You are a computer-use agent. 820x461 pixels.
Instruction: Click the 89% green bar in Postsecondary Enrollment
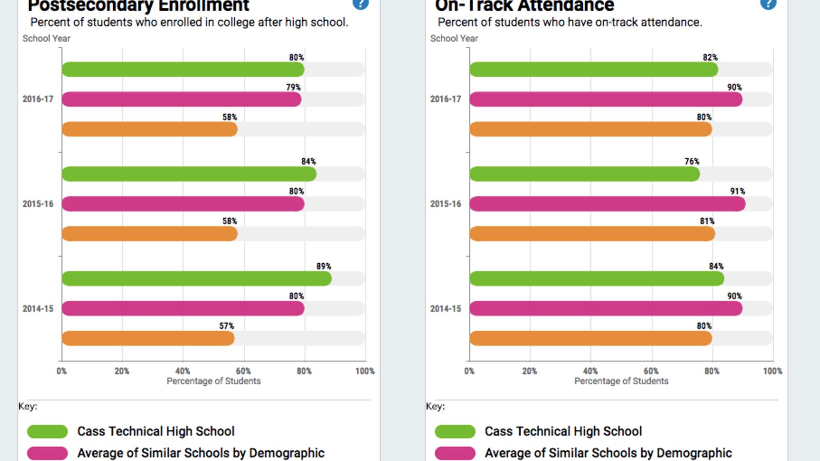(x=197, y=279)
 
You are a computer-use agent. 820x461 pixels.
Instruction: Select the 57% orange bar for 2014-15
(x=148, y=339)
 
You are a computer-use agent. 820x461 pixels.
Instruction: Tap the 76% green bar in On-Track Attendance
(x=584, y=174)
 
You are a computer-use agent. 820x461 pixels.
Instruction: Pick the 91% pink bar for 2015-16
(x=607, y=204)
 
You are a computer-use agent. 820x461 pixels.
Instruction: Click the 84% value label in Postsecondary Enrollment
(x=308, y=161)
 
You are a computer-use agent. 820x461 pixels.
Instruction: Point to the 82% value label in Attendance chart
(x=710, y=57)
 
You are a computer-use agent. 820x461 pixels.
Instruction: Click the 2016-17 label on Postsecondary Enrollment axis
(x=38, y=99)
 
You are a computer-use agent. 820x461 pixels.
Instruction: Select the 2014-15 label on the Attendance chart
(x=445, y=308)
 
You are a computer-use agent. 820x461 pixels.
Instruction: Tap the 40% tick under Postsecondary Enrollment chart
(x=182, y=371)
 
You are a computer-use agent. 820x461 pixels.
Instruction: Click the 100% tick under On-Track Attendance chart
(x=772, y=371)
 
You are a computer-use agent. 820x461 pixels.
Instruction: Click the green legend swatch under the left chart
(x=47, y=431)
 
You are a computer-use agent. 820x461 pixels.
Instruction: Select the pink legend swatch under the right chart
(x=455, y=453)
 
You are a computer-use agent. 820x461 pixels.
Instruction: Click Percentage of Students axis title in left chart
(x=213, y=381)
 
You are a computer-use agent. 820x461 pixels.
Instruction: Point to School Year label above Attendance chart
(x=454, y=38)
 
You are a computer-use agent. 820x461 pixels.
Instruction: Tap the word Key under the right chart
(x=435, y=406)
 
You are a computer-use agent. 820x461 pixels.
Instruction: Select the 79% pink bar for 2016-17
(x=181, y=99)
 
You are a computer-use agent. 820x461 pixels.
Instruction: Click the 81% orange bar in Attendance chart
(x=592, y=234)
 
